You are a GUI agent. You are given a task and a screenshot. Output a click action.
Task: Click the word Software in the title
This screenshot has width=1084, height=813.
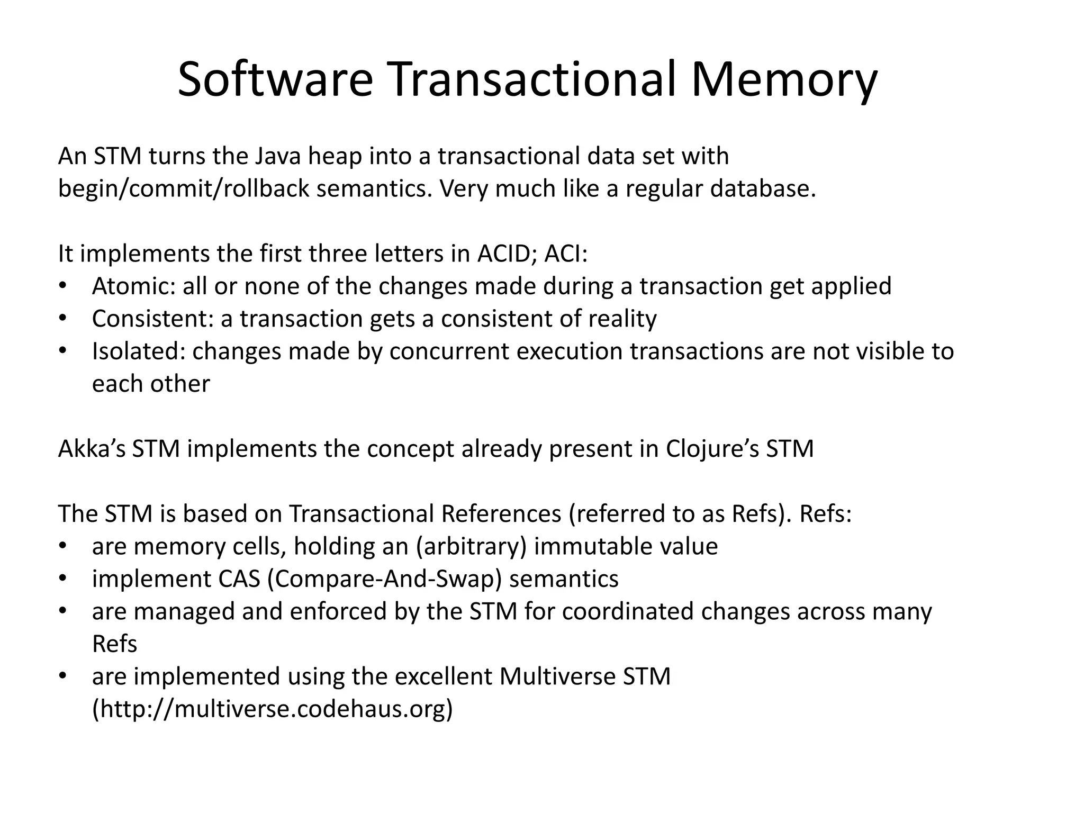tap(275, 80)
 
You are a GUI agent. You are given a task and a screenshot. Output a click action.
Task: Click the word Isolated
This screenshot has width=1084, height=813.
tap(138, 351)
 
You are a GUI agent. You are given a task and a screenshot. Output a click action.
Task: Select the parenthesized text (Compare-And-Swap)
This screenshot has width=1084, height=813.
tap(384, 579)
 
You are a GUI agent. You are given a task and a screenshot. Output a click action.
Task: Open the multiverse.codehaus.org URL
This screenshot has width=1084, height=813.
tap(273, 709)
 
